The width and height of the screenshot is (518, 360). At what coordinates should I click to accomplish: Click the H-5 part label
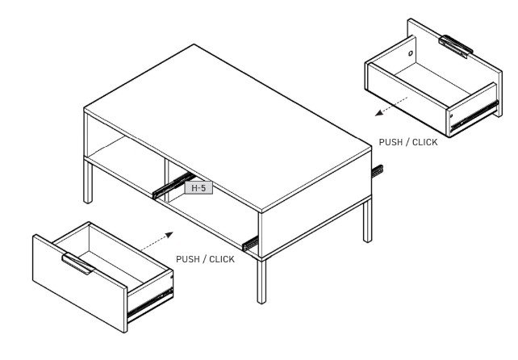[198, 188]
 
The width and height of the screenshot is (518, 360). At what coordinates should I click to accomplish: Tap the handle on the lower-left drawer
[78, 263]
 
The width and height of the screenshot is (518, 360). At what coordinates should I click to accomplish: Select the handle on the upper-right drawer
[456, 46]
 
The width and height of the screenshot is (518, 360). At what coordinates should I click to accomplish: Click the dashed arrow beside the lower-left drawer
[157, 241]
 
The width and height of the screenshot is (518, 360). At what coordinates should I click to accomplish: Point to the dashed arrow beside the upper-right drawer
[391, 106]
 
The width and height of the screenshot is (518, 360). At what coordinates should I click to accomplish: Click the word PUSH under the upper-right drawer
[391, 142]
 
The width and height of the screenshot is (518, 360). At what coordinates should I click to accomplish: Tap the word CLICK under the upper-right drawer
[425, 142]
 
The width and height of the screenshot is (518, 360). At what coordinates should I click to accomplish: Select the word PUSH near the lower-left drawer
[188, 259]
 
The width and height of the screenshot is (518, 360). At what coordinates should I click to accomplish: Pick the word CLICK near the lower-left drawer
[222, 259]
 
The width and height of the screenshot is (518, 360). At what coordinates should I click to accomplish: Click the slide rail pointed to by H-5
[173, 186]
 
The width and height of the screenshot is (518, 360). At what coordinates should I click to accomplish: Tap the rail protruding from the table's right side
[378, 171]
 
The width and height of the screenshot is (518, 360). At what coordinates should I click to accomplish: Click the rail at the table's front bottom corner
[250, 243]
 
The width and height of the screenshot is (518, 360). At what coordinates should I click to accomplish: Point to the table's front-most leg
[261, 282]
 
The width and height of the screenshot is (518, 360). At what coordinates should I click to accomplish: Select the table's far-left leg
[88, 181]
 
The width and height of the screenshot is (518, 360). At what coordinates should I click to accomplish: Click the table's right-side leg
[367, 221]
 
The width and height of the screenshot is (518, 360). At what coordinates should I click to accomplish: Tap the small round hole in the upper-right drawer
[411, 53]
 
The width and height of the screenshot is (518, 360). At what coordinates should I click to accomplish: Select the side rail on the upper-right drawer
[474, 115]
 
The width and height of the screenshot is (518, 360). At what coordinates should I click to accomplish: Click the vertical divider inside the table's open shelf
[166, 181]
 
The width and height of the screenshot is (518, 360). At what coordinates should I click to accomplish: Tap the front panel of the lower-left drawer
[80, 283]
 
